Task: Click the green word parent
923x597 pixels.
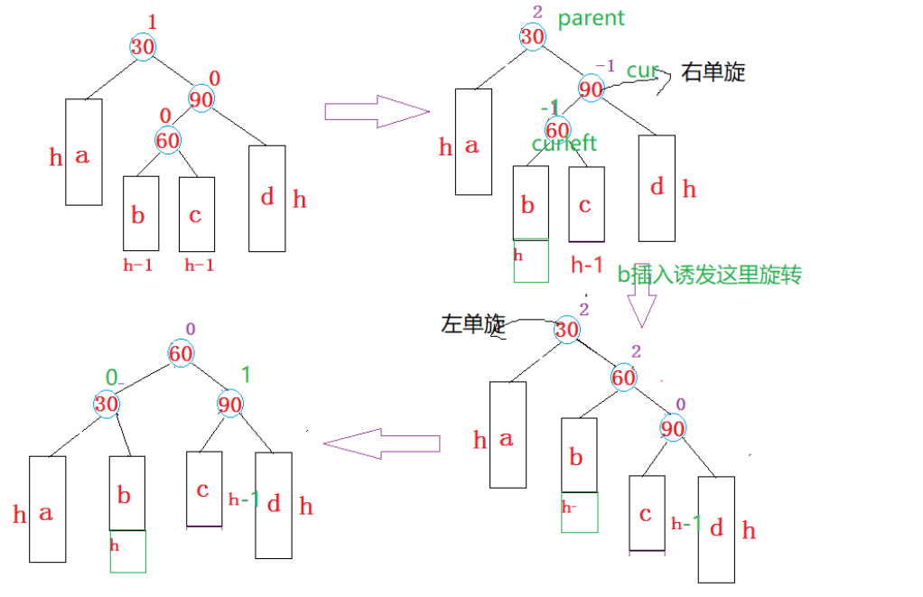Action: click(592, 19)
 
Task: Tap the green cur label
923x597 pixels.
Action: click(640, 71)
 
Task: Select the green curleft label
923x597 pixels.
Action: click(564, 144)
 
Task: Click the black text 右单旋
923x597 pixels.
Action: click(713, 72)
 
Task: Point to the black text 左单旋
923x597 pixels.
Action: click(472, 324)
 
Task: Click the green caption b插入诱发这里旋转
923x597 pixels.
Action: click(709, 275)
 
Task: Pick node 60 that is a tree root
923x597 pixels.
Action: click(181, 354)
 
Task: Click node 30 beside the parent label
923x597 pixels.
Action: click(533, 37)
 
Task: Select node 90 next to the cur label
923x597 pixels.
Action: click(591, 90)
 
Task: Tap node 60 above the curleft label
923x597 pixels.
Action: click(558, 130)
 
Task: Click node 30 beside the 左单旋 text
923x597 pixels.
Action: click(566, 331)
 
